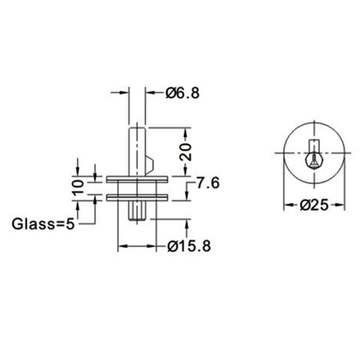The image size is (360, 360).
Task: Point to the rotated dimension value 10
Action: click(77, 187)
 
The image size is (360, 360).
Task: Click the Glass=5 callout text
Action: click(43, 223)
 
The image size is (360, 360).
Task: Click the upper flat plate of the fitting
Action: click(136, 178)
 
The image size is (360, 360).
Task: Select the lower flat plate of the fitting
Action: click(136, 197)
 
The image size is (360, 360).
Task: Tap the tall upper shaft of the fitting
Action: click(137, 150)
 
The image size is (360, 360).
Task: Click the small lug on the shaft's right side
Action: click(150, 163)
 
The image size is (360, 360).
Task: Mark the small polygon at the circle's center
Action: click(313, 160)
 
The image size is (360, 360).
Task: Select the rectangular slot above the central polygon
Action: click(313, 145)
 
